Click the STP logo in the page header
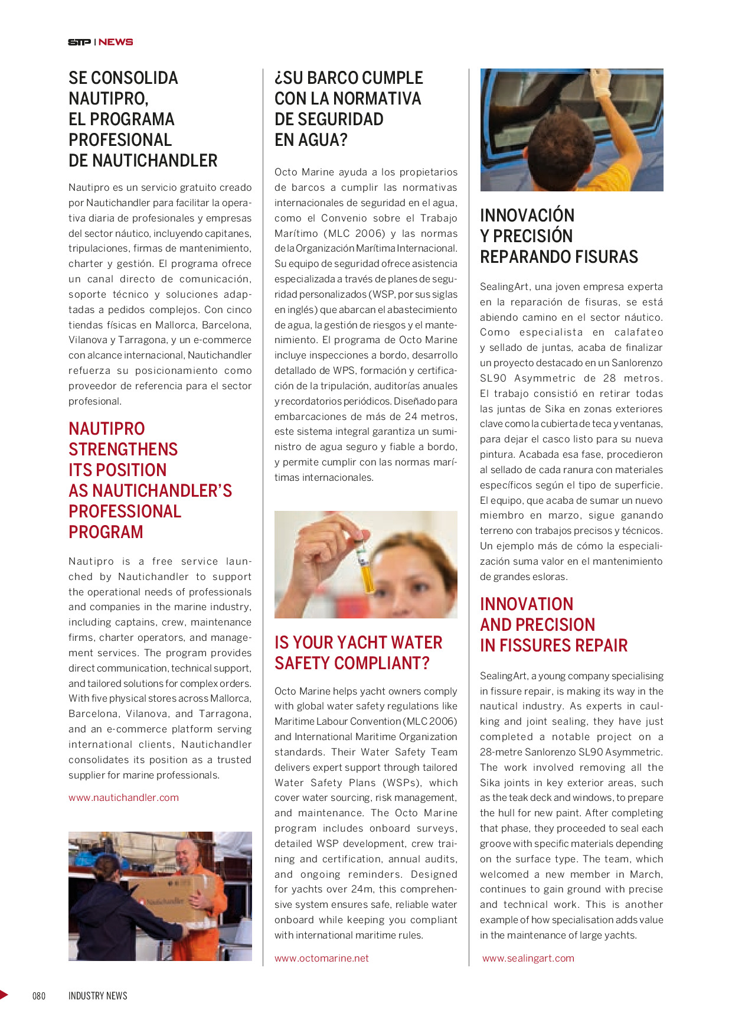click(79, 42)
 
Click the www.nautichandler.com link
click(123, 797)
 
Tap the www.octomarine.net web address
click(321, 958)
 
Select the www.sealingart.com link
click(528, 958)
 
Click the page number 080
click(39, 996)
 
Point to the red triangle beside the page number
click(4, 995)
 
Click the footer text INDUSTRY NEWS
click(98, 996)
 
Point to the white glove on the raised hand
click(600, 83)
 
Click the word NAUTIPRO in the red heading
click(107, 429)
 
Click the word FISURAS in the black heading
click(608, 257)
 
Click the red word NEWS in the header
click(116, 42)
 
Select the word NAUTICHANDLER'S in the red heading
click(162, 491)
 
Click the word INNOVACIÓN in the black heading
click(527, 216)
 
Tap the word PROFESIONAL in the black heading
click(120, 140)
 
